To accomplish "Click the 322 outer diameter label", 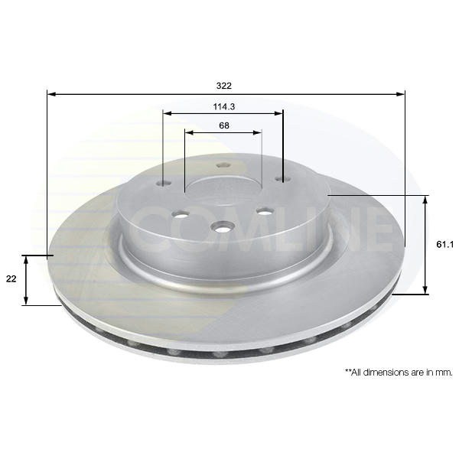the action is pyautogui.click(x=224, y=86).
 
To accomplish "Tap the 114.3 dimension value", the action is pyautogui.click(x=224, y=107).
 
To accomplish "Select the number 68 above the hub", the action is pyautogui.click(x=224, y=125).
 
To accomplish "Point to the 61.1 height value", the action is pyautogui.click(x=444, y=245).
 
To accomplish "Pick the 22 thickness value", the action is pyautogui.click(x=11, y=279).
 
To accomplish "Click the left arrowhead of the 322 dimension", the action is pyautogui.click(x=51, y=94).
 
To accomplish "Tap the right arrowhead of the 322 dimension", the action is pyautogui.click(x=401, y=94).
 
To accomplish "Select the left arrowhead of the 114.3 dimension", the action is pyautogui.click(x=168, y=113).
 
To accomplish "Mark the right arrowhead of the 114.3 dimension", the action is pyautogui.click(x=279, y=113).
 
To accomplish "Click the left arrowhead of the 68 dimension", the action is pyautogui.click(x=190, y=132).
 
